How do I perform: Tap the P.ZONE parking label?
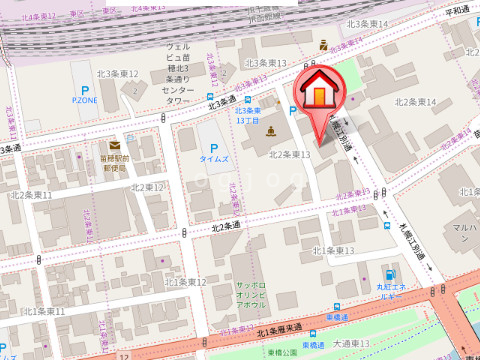coord(85,100)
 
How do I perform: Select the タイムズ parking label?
coord(213,158)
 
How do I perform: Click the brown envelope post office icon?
coord(115,146)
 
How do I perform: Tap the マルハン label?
coord(462,234)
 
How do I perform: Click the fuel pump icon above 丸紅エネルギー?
coord(390,274)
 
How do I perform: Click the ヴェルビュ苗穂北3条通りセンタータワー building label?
coord(177,73)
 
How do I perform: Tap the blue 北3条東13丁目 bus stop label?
coord(247,115)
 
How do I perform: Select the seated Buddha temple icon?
coord(270,132)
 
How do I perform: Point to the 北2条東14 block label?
coord(416,102)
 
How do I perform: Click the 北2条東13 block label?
coord(291,155)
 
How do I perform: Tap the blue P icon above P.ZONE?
coord(85,87)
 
